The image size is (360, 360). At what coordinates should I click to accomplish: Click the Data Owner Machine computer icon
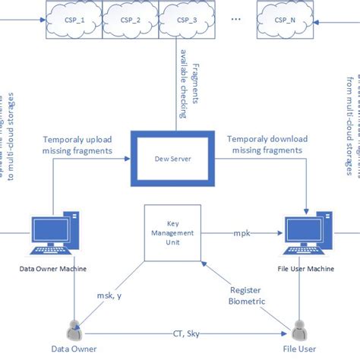coord(52,236)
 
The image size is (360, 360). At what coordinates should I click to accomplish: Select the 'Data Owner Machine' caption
coord(52,269)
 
